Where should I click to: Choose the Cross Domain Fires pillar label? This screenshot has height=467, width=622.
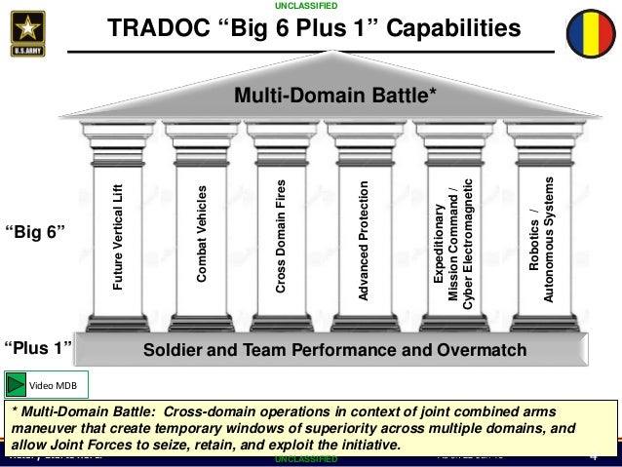(281, 237)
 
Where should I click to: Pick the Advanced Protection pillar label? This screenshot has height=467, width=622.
(364, 239)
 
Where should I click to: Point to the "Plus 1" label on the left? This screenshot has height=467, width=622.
(38, 348)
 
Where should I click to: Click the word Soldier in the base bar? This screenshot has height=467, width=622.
(172, 349)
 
